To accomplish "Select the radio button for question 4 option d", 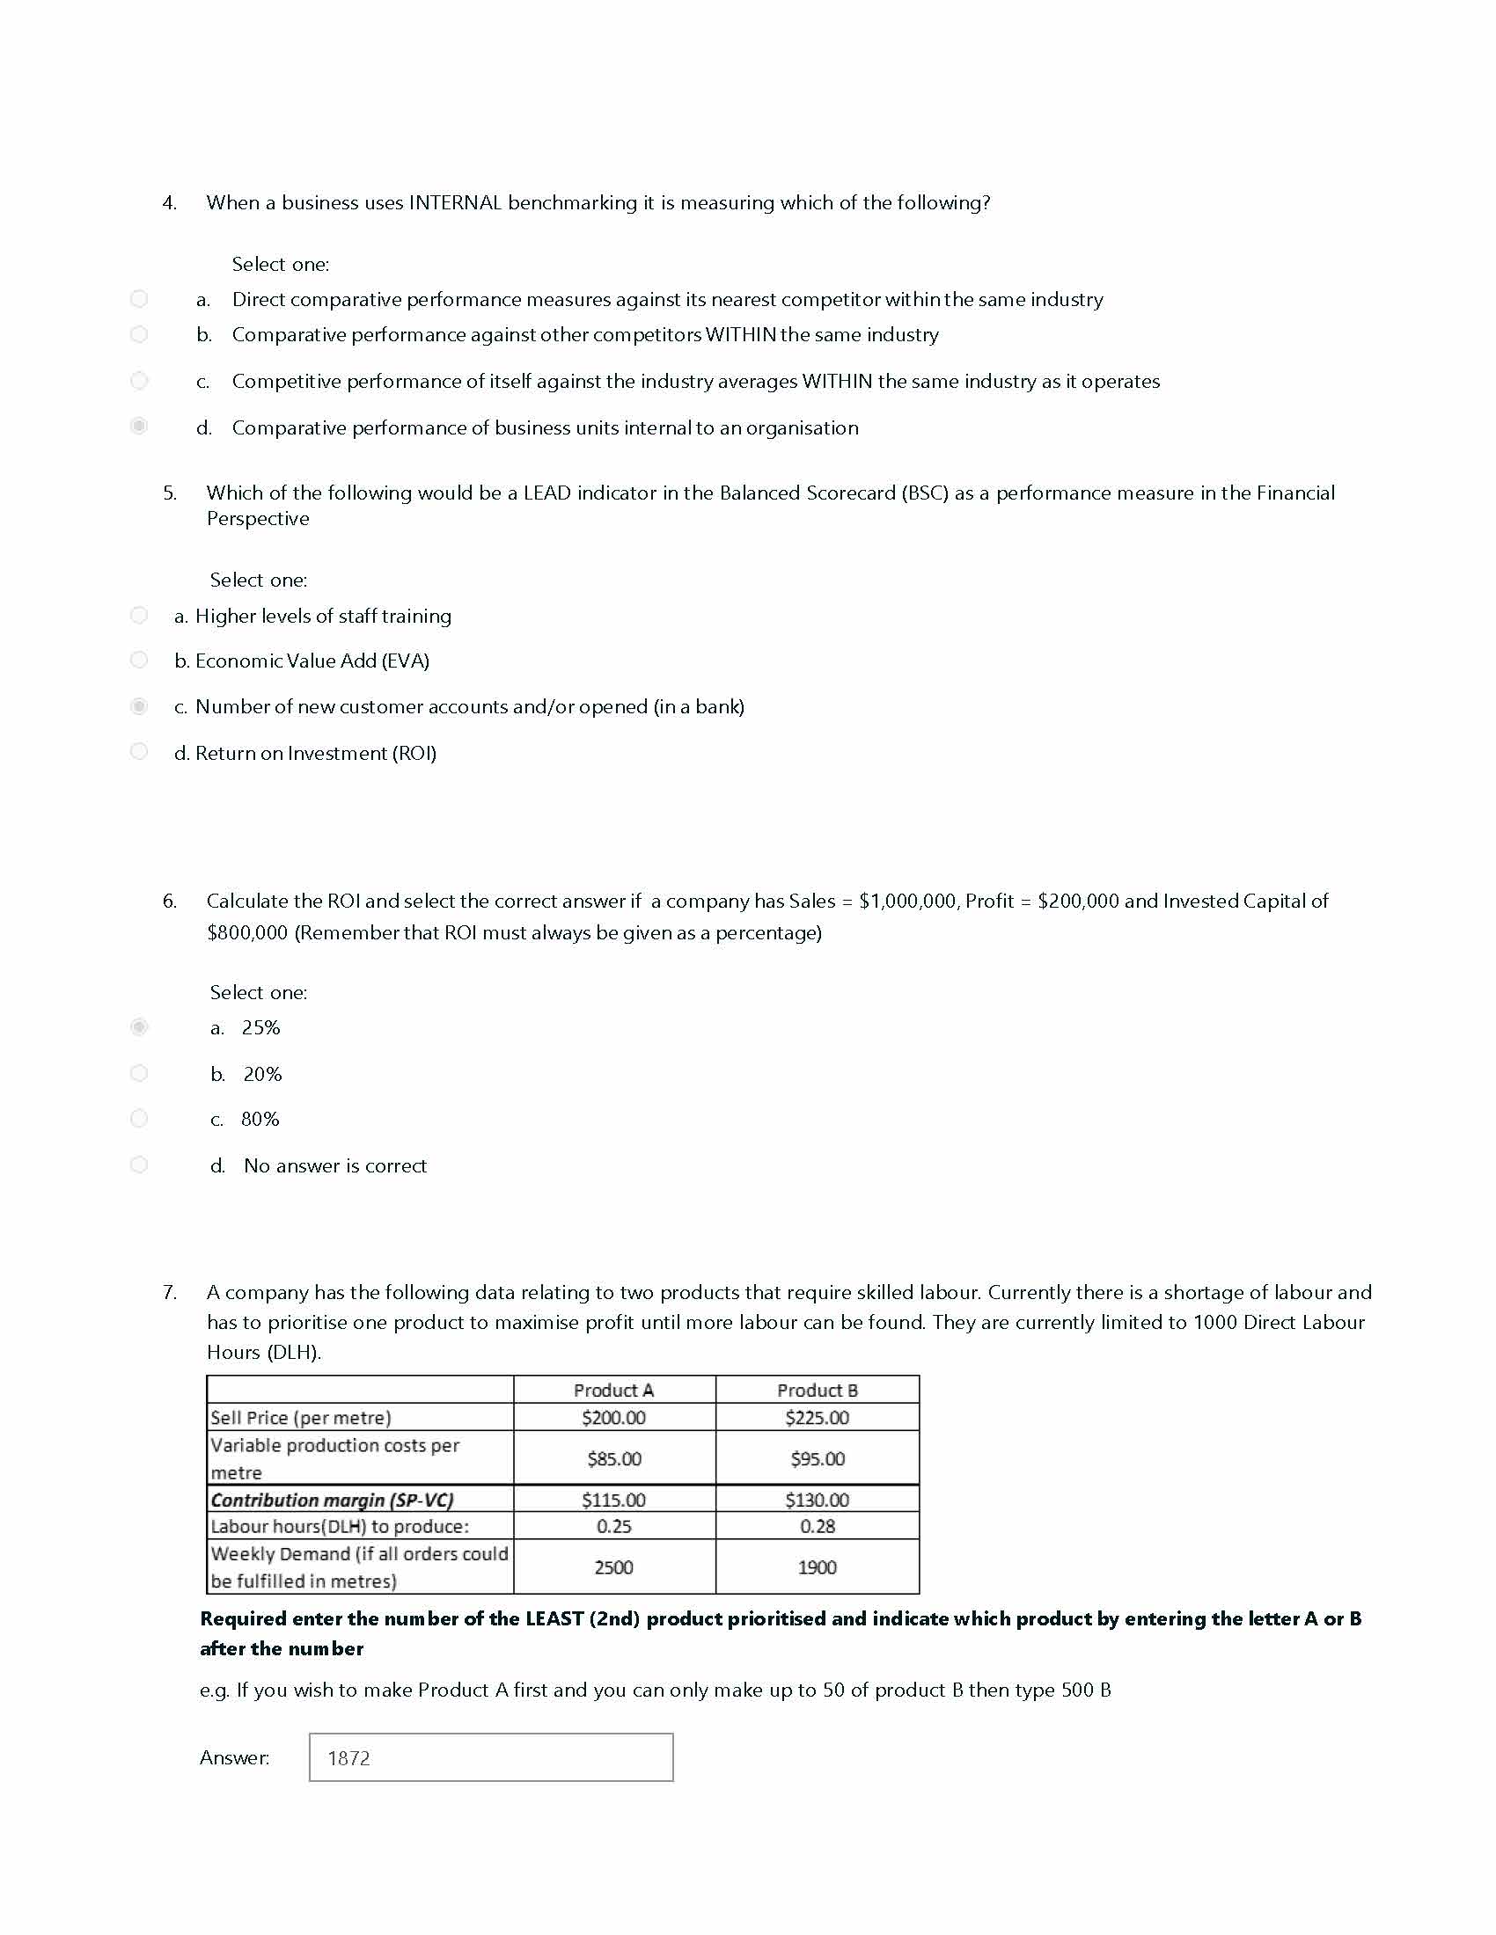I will point(139,427).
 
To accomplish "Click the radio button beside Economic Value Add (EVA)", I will point(139,660).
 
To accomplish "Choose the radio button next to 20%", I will point(139,1073).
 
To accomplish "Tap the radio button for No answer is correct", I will point(139,1165).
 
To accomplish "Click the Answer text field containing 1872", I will point(490,1757).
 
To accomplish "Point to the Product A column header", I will point(613,1390).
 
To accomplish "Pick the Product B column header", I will point(818,1390).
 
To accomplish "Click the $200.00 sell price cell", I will point(613,1418).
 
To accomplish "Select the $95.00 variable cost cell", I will point(818,1458).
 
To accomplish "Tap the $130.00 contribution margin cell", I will point(818,1500).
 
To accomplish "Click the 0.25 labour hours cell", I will point(613,1527).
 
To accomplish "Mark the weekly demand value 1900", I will point(818,1567).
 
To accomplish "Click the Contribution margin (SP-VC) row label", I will point(333,1500).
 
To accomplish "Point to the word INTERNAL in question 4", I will point(455,203).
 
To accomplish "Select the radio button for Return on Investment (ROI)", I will point(139,751).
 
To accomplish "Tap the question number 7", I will point(169,1293).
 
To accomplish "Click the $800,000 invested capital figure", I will point(247,933).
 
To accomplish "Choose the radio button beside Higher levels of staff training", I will point(139,615).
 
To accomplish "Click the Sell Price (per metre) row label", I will point(300,1418).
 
